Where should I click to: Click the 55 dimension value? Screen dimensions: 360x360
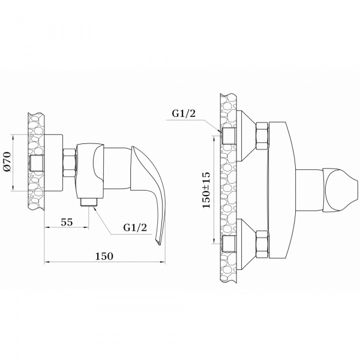(67, 221)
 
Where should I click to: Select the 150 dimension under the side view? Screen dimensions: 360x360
(104, 256)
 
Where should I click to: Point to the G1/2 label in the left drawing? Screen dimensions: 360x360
(135, 227)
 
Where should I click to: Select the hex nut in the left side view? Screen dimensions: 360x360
(68, 162)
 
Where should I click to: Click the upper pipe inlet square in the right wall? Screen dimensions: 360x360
(227, 136)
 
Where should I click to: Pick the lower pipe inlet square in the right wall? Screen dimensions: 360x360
(227, 243)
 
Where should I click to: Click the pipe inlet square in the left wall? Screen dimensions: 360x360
(37, 162)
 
